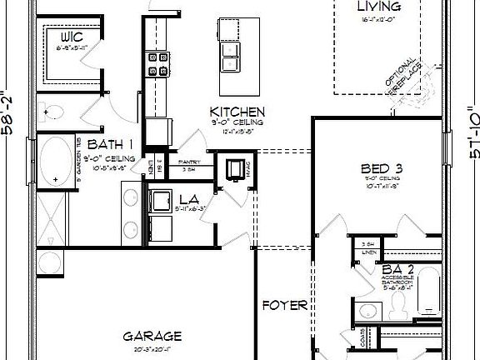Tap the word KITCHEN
237,112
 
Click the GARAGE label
152,336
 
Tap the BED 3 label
381,165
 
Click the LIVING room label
373,7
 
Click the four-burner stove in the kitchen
157,65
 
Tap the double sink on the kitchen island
229,57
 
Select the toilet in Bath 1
52,112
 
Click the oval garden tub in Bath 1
57,162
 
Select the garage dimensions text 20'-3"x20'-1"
152,350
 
